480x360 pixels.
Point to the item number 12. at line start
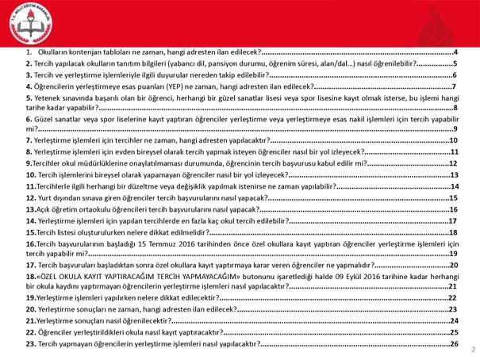[30, 197]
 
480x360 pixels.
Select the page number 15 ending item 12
[455, 197]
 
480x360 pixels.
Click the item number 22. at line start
[30, 332]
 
